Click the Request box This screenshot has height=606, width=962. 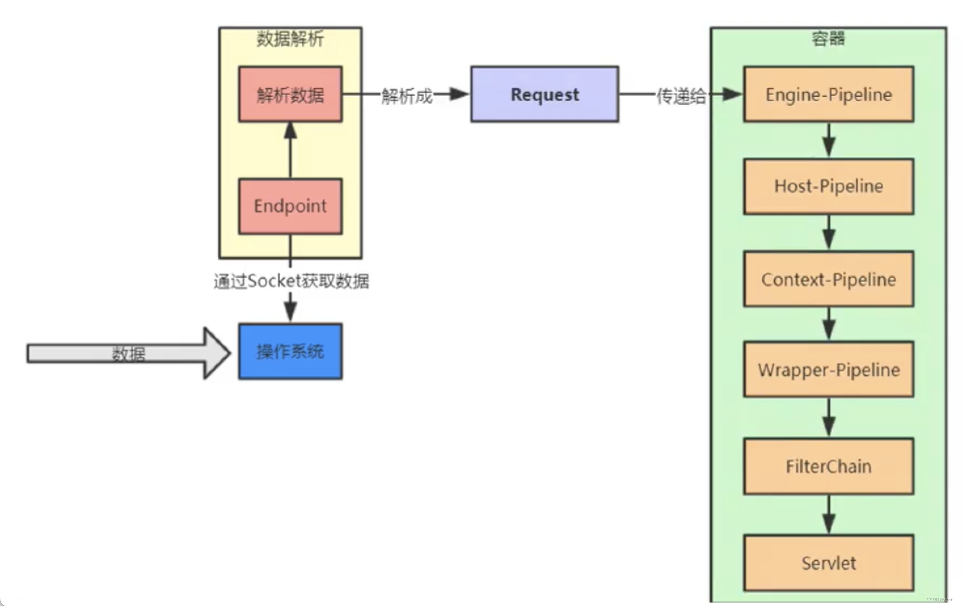point(545,94)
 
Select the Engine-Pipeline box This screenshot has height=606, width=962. point(828,94)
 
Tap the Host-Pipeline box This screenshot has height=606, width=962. point(828,186)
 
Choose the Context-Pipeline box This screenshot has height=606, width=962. point(828,279)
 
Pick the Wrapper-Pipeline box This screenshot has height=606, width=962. point(828,370)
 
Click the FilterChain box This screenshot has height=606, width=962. point(828,466)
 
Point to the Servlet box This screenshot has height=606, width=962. point(828,563)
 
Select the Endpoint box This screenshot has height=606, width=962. point(290,206)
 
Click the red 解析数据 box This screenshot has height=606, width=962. point(290,94)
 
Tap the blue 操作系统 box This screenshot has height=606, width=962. point(290,351)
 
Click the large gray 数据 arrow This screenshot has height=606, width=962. point(128,354)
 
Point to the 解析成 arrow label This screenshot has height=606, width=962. point(407,96)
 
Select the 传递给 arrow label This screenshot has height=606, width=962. point(681,96)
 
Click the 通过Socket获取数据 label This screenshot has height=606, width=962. point(291,281)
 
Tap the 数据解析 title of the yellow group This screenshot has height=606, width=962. point(290,39)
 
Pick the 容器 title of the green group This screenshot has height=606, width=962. point(828,39)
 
